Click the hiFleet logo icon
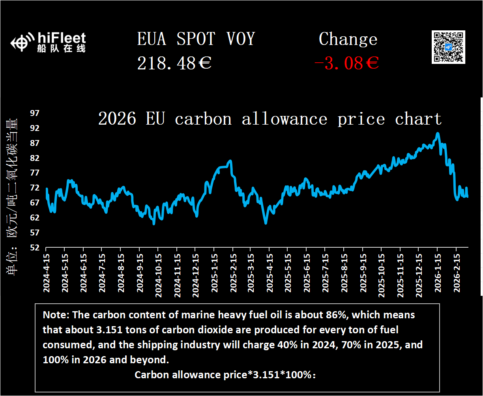click(x=21, y=43)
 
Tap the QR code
click(x=448, y=47)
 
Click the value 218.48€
click(x=174, y=63)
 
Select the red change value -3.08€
click(x=346, y=63)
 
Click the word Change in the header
click(x=348, y=39)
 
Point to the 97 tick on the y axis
click(x=35, y=113)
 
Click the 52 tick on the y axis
click(x=35, y=247)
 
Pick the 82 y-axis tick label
click(x=35, y=158)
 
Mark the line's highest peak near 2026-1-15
click(x=437, y=133)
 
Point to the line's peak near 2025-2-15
click(x=230, y=161)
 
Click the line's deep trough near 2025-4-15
click(x=266, y=223)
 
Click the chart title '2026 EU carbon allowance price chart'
click(x=270, y=119)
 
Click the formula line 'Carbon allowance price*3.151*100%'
click(x=225, y=375)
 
